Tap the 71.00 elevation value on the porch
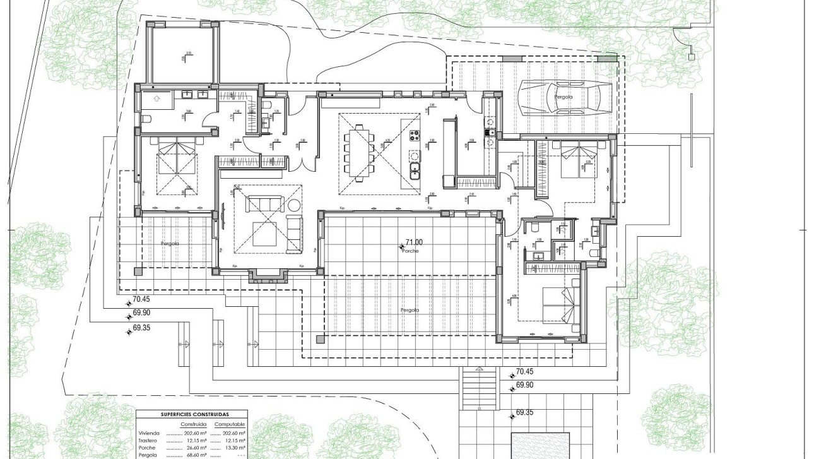click(x=414, y=242)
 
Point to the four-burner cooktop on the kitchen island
click(x=415, y=135)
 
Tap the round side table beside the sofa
click(x=295, y=206)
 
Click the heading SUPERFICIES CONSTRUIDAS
click(x=192, y=414)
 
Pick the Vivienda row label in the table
click(x=149, y=434)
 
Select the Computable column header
click(x=230, y=424)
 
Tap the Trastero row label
click(x=148, y=441)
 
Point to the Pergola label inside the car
click(x=563, y=97)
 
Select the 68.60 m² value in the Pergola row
click(x=194, y=455)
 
